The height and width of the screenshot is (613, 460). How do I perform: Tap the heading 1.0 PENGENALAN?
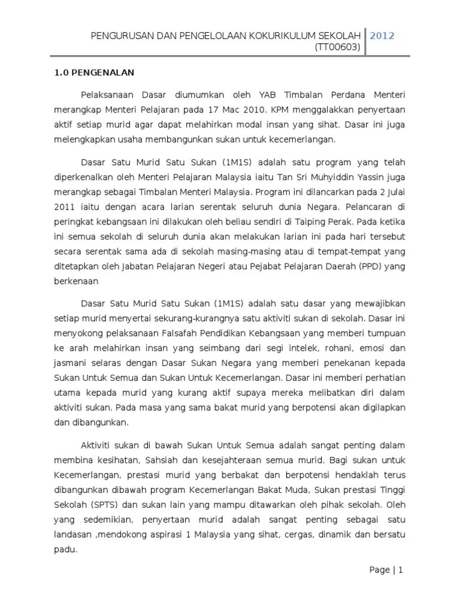[91, 73]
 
